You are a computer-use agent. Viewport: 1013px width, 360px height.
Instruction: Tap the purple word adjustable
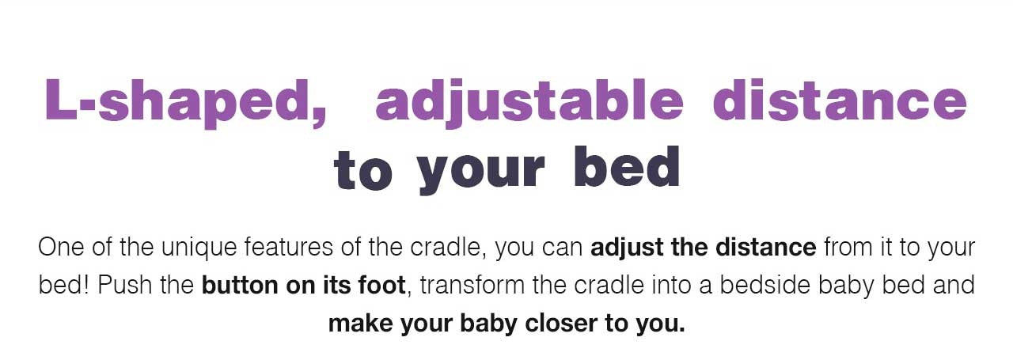(529, 103)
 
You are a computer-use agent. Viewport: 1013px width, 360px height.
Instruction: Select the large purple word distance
(840, 100)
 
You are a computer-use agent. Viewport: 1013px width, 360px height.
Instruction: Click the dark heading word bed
(627, 166)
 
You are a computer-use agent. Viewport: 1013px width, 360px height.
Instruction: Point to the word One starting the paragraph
(61, 248)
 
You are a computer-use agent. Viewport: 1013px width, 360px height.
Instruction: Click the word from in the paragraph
(848, 248)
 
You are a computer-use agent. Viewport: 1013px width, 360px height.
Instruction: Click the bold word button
(240, 286)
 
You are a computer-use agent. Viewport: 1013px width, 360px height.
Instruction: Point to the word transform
(472, 286)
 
